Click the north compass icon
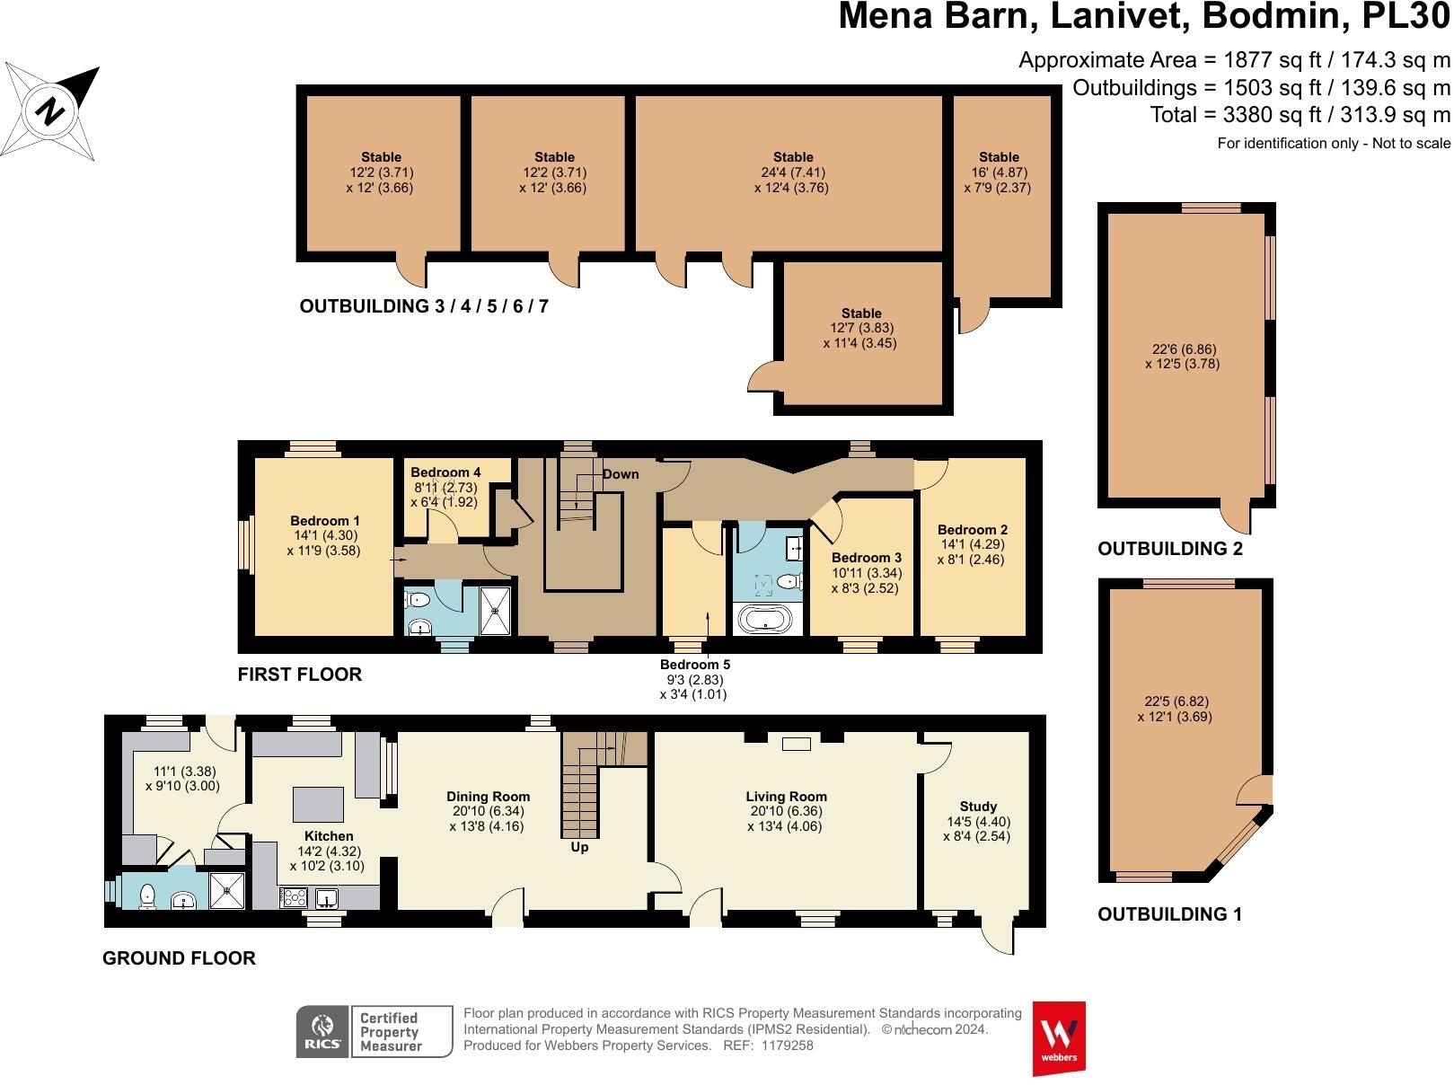[49, 111]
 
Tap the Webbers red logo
[1059, 1038]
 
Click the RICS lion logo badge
[322, 1031]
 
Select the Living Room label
[787, 796]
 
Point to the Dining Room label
[489, 796]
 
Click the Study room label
[978, 807]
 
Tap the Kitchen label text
[329, 836]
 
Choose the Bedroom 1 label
[324, 521]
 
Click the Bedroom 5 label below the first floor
[695, 665]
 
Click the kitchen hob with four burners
[294, 897]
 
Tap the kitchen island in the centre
[318, 804]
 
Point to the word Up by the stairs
[579, 847]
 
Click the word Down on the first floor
[621, 474]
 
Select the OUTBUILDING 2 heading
[1170, 549]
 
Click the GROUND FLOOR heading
[179, 957]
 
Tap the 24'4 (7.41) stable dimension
[793, 172]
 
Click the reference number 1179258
[788, 1045]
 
